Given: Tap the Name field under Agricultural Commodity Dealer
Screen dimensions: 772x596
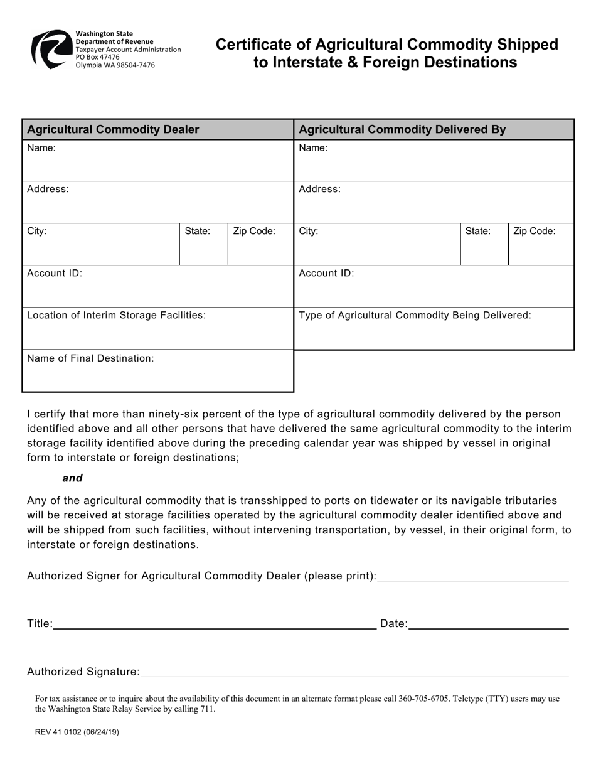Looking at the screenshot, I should point(157,164).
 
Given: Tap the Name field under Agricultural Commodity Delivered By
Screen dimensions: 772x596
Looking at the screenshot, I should point(434,164).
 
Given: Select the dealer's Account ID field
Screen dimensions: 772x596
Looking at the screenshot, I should point(157,291).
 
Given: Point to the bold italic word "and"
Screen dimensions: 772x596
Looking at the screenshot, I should point(72,478).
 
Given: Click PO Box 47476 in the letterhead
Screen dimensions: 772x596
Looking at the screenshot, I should point(97,57).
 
